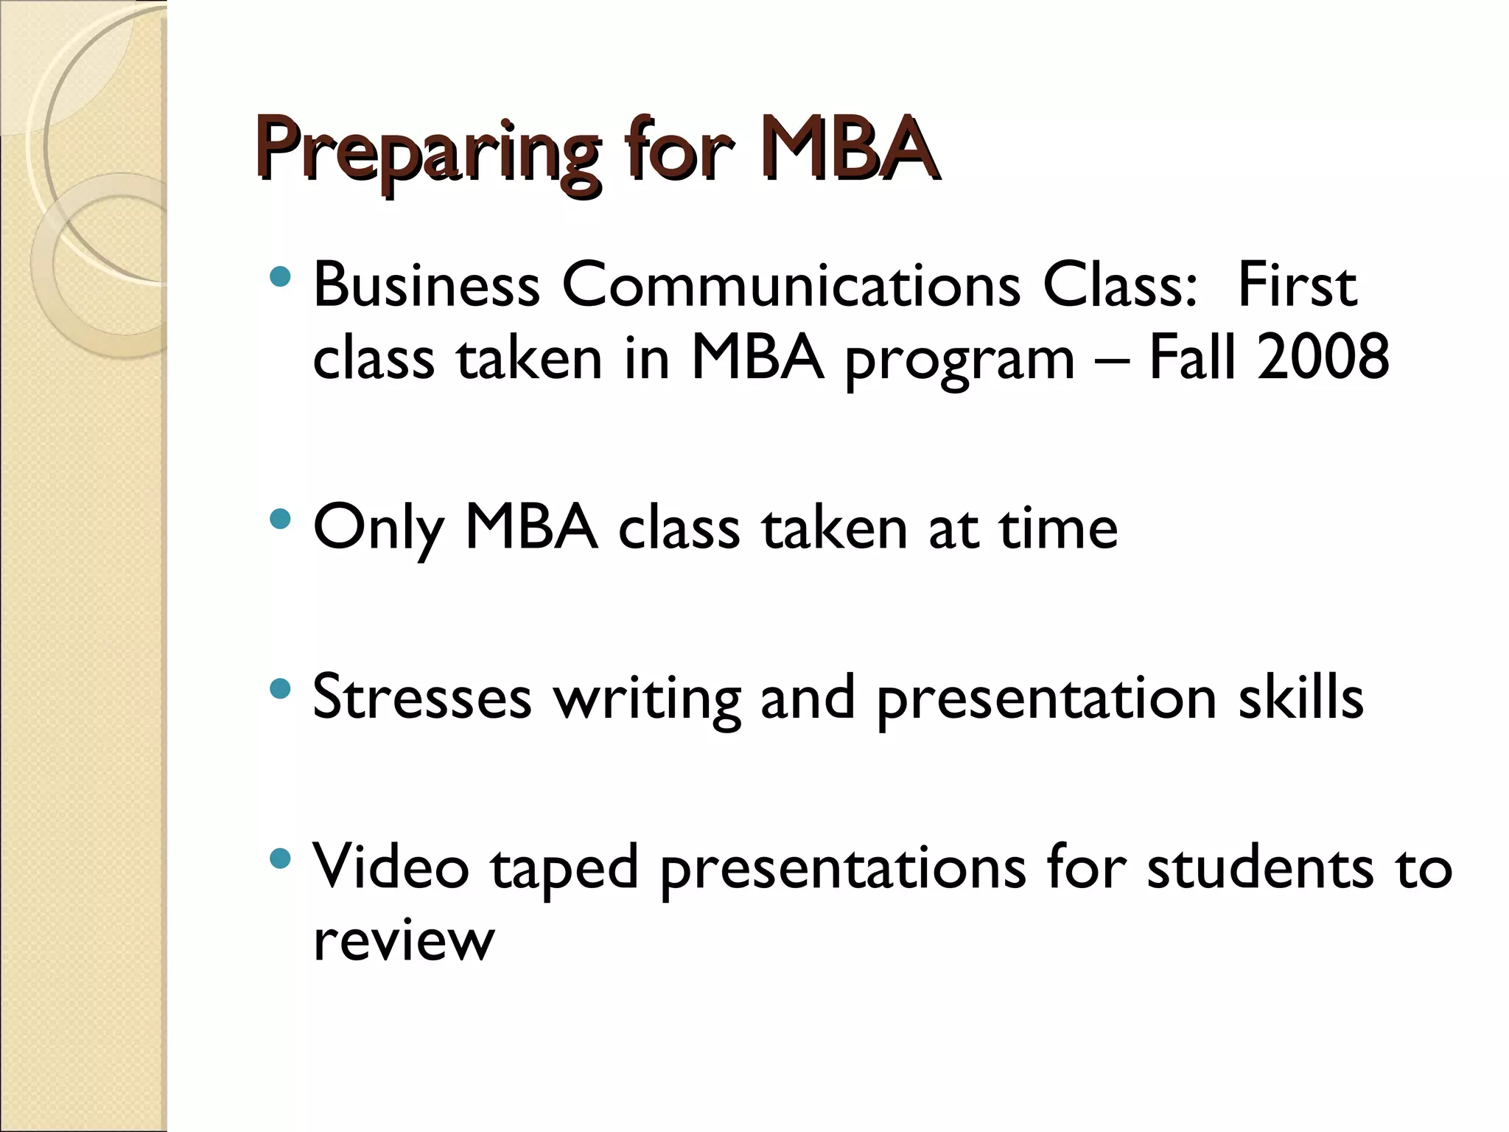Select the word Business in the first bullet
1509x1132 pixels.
pos(427,285)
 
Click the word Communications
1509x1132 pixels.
pos(791,285)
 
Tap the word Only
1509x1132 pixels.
pos(378,529)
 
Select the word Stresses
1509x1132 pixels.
pos(421,697)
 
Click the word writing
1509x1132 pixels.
pos(648,700)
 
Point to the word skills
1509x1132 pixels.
pos(1300,697)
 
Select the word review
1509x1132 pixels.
pos(403,940)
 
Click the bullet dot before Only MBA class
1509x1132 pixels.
pos(281,520)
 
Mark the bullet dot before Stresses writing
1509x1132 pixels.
pos(281,689)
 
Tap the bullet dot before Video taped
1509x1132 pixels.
pos(281,858)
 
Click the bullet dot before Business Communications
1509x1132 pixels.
pos(281,277)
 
